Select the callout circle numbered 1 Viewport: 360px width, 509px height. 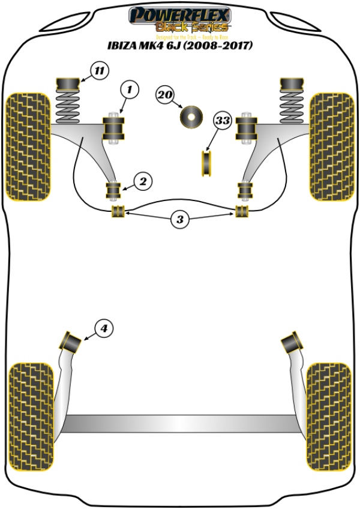click(x=129, y=91)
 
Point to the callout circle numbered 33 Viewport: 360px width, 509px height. click(x=223, y=121)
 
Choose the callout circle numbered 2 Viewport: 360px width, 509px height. click(x=142, y=181)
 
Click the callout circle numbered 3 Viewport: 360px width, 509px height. click(x=180, y=220)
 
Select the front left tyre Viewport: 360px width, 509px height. click(x=27, y=146)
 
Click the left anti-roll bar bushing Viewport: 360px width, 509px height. click(x=118, y=211)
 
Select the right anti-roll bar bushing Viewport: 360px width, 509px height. click(x=242, y=211)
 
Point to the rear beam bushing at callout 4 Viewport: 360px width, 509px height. click(x=71, y=342)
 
